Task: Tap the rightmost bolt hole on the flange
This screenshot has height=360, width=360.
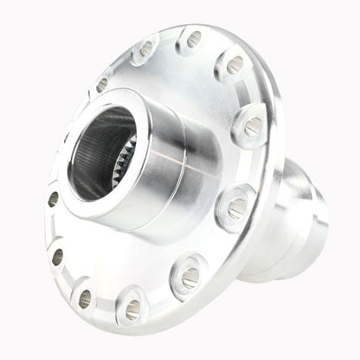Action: (x=252, y=128)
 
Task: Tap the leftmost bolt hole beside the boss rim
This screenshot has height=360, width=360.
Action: (x=53, y=198)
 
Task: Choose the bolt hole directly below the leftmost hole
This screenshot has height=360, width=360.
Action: (x=57, y=257)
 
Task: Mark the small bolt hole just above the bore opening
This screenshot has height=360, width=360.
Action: (x=101, y=84)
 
